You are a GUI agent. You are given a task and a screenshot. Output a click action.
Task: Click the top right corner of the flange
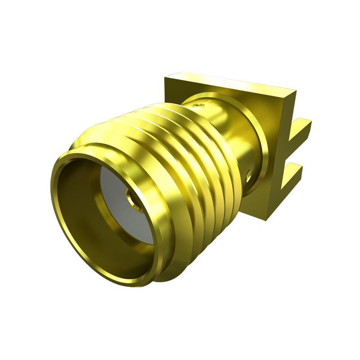pos(295,91)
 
